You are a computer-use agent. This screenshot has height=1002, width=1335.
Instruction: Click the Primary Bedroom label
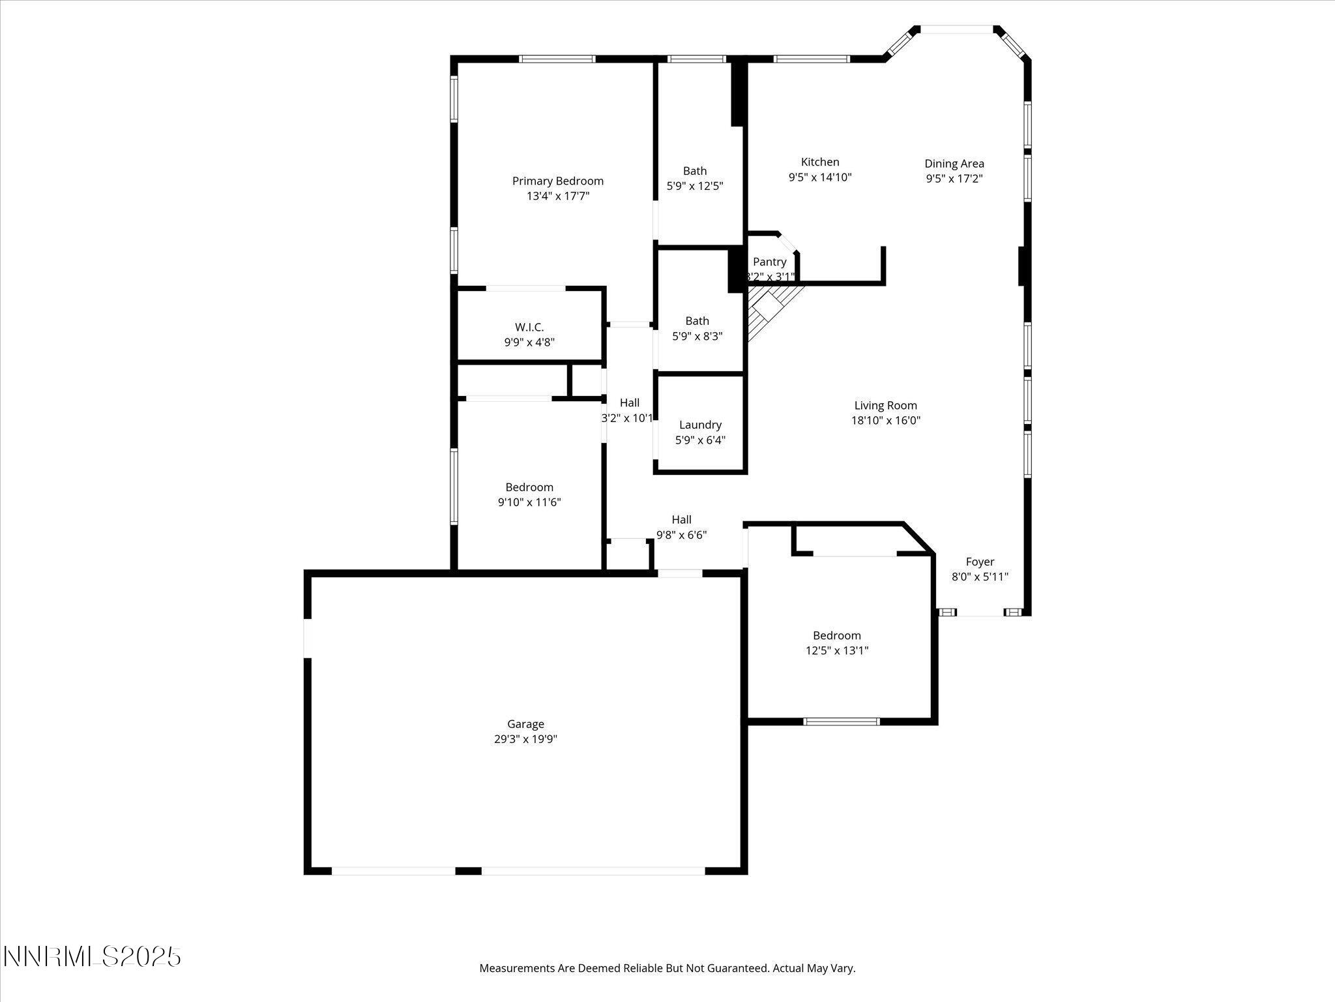(557, 181)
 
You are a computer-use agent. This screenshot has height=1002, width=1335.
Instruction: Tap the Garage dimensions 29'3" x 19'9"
(525, 739)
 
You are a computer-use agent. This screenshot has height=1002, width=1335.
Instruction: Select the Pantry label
(769, 262)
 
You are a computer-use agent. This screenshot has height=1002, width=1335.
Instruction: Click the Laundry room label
(700, 425)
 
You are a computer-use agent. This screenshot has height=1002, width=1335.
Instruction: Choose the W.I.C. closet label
(529, 327)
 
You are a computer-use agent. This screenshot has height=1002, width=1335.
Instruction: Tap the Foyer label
(980, 562)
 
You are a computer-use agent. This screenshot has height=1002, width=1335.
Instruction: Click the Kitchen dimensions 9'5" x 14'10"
(820, 177)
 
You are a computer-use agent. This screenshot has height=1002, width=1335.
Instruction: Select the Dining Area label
(954, 164)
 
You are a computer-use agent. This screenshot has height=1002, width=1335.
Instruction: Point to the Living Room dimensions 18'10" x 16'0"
(885, 421)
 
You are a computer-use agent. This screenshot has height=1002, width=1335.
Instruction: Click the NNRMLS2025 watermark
(92, 957)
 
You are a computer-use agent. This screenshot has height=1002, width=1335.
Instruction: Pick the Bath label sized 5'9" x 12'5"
(695, 171)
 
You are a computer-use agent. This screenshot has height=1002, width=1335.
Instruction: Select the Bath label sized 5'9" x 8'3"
(697, 321)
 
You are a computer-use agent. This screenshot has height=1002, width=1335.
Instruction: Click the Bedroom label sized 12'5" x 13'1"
(836, 635)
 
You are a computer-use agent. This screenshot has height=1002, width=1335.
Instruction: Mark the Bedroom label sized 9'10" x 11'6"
(529, 487)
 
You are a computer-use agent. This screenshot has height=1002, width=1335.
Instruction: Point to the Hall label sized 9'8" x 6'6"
(681, 520)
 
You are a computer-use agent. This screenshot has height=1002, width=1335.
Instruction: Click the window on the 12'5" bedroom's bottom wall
(842, 721)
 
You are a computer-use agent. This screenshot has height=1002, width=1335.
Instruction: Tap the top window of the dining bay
(956, 29)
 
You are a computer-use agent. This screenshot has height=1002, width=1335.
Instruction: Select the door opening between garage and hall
(679, 573)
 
